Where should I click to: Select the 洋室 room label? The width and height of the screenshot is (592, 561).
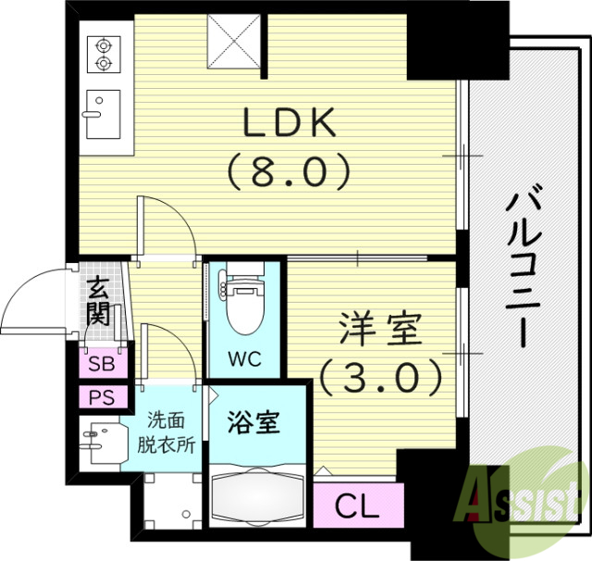point(380,330)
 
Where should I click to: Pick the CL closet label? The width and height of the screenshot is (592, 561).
point(358,505)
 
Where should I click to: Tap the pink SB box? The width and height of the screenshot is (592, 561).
point(102,364)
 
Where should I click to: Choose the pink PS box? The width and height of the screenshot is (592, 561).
point(102,398)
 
